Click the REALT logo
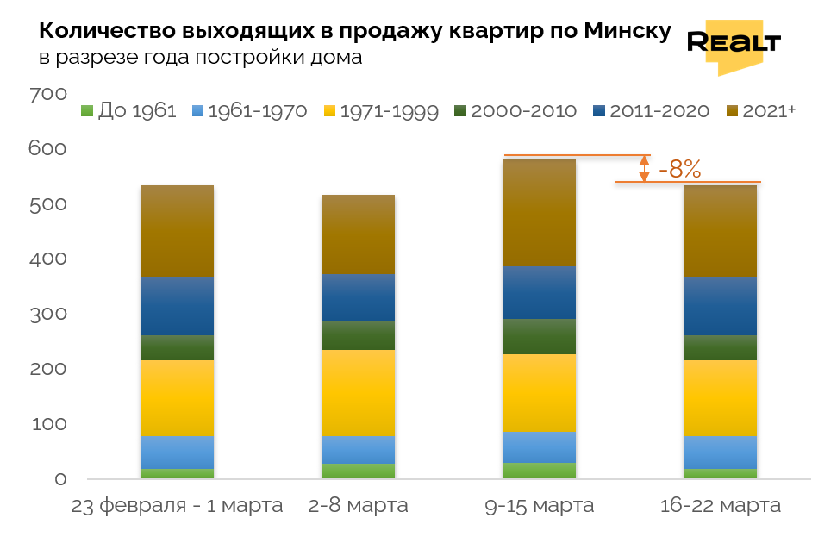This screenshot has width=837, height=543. [x=734, y=44]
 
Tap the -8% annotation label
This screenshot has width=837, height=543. [x=679, y=169]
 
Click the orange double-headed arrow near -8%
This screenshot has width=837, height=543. [x=643, y=169]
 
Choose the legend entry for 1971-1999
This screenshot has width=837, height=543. [x=380, y=111]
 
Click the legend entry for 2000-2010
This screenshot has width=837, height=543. [x=515, y=111]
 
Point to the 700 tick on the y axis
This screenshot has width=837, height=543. [x=48, y=94]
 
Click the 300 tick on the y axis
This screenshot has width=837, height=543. [x=48, y=314]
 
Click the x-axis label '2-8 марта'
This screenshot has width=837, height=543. [x=358, y=506]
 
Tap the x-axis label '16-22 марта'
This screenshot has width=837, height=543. [x=720, y=506]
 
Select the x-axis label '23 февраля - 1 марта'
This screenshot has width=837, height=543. [x=177, y=506]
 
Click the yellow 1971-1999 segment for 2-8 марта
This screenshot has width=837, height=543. [x=358, y=392]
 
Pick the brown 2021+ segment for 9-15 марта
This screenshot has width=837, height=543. [x=539, y=213]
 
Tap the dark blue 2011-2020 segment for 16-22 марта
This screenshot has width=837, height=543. [x=720, y=306]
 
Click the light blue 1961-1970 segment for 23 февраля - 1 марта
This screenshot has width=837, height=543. [x=177, y=452]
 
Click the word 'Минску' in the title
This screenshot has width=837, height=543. [x=627, y=32]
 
